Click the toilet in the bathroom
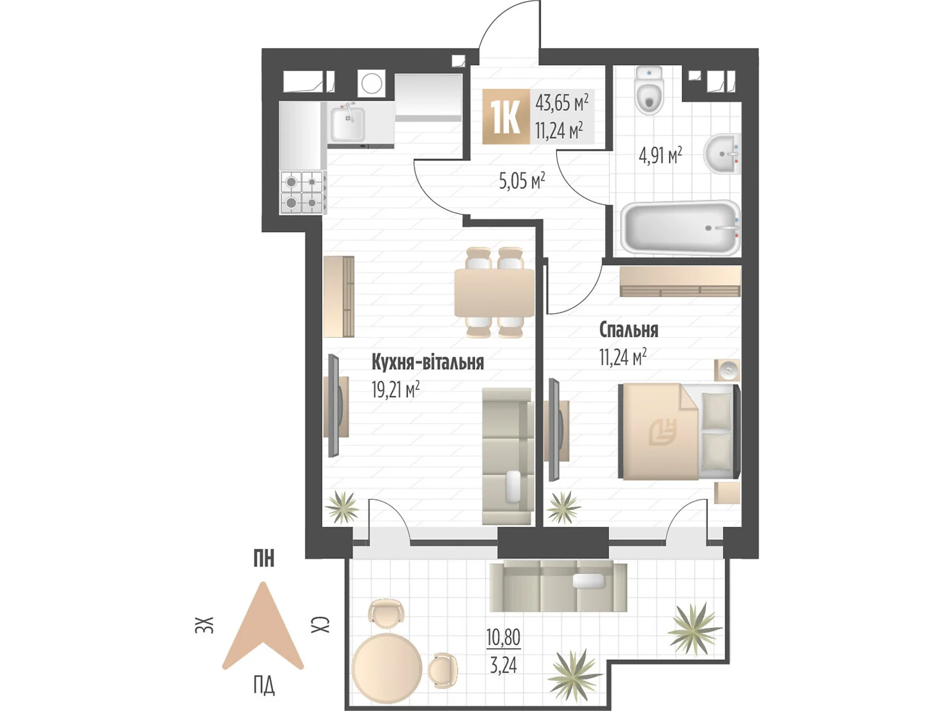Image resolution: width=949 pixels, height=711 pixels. coord(649,91)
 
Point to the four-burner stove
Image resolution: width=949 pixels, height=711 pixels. coord(302,193)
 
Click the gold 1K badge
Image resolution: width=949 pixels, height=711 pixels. coord(506,116)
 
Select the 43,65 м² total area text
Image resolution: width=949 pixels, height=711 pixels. coord(562,103)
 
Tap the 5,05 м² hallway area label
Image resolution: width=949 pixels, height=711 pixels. coord(522,181)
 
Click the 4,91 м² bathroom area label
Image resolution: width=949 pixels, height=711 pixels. coord(660,155)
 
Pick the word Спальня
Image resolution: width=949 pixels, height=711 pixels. coord(629,330)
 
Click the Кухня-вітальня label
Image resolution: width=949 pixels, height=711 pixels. coord(428,363)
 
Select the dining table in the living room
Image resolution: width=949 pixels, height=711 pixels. coord(494,293)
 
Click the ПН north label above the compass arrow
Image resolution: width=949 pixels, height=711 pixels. coord(264,559)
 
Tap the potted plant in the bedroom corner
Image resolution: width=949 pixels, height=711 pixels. coord(563,508)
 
